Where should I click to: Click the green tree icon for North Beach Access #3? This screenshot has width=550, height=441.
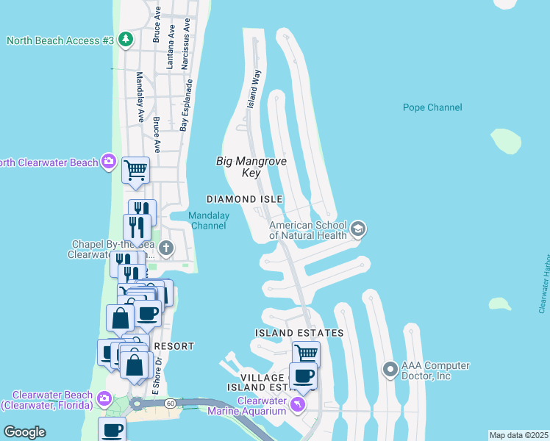125,40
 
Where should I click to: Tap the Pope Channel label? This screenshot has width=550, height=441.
432,107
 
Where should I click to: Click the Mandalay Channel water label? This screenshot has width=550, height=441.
208,220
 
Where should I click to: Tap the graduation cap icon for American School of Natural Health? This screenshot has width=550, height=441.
358,230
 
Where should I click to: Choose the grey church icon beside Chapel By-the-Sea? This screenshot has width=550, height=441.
167,248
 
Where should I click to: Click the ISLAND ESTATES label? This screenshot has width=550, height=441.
299,333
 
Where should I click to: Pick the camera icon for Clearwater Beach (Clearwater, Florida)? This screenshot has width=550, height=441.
104,398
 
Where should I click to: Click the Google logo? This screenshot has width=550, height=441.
24,432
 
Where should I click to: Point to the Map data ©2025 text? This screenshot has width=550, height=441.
518,435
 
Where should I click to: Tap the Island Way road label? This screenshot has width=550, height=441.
254,89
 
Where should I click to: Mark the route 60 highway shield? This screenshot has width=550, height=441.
170,403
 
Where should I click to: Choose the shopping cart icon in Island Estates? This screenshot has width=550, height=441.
306,354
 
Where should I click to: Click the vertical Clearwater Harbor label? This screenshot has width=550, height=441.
544,284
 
